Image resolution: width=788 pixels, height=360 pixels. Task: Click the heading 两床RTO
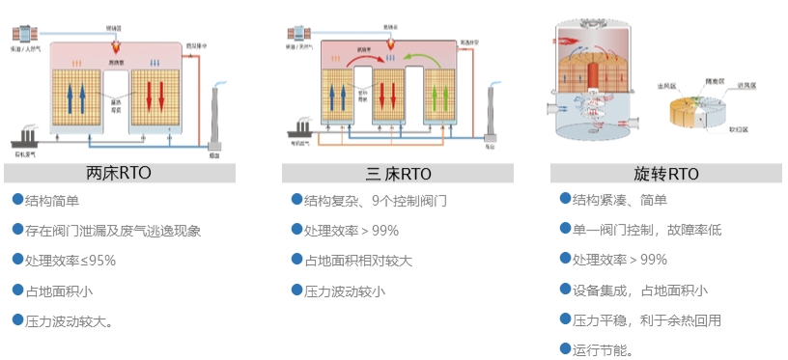click(x=119, y=175)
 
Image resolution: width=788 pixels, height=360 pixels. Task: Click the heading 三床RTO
click(x=398, y=175)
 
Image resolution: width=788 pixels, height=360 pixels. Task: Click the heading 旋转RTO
click(x=665, y=175)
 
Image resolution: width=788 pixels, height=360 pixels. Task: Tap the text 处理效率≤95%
click(x=70, y=260)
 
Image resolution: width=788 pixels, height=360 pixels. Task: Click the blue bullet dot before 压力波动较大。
click(x=17, y=318)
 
